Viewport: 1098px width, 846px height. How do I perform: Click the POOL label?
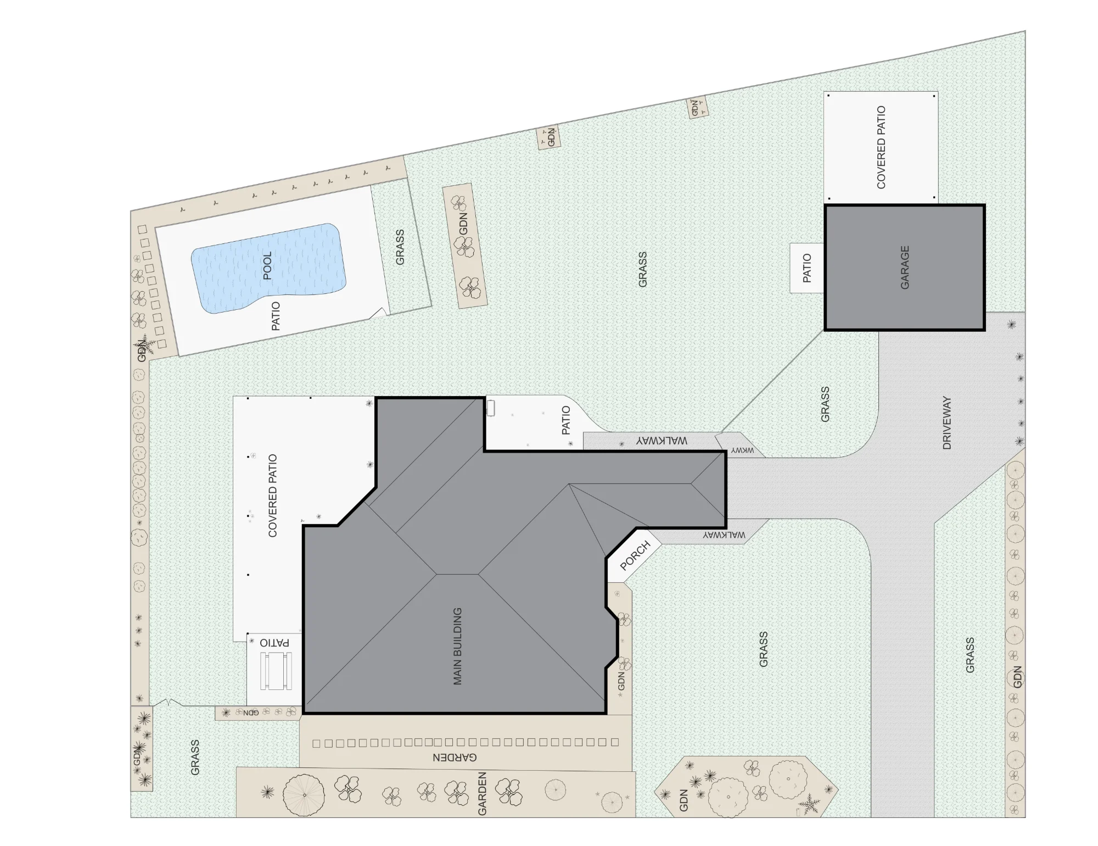(x=267, y=266)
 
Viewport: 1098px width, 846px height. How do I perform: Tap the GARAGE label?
(x=905, y=268)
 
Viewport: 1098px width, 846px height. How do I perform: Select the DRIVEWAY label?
(x=946, y=423)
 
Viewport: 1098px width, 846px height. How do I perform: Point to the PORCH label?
(x=635, y=555)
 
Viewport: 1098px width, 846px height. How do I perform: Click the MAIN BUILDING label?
(x=457, y=646)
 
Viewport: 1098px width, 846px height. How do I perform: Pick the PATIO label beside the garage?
(x=807, y=268)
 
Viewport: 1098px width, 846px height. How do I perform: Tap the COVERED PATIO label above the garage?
(x=881, y=147)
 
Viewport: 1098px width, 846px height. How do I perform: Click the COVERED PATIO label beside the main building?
(x=272, y=496)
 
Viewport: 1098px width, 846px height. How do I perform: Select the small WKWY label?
(x=742, y=450)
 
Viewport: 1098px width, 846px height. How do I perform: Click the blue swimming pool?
(x=268, y=268)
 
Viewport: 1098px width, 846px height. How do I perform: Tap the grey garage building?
(x=905, y=268)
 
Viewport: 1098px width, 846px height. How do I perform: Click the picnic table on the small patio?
(x=276, y=671)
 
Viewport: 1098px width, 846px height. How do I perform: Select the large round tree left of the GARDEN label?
(x=304, y=794)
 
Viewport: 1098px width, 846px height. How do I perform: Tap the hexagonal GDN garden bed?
(x=746, y=787)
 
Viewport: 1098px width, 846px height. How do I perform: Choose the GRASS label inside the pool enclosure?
(x=400, y=247)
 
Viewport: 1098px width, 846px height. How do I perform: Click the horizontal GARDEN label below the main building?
(x=455, y=758)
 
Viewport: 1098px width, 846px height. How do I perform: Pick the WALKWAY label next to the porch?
(x=724, y=535)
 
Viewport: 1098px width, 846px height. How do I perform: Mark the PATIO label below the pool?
(x=276, y=316)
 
